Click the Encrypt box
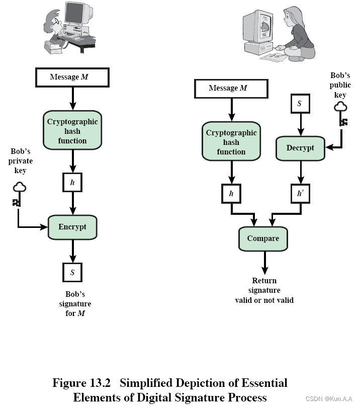click(x=72, y=227)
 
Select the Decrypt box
click(x=300, y=148)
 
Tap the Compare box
click(x=263, y=238)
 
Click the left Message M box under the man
click(x=72, y=77)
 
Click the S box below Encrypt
click(x=72, y=273)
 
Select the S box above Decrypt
click(x=300, y=104)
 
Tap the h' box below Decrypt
click(x=300, y=194)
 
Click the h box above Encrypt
click(x=72, y=182)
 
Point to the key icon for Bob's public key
click(x=342, y=114)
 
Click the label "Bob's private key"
click(x=21, y=161)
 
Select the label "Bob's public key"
click(x=340, y=86)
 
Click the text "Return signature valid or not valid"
click(x=264, y=290)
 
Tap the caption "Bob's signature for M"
click(x=76, y=304)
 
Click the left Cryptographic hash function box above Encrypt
click(x=72, y=131)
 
